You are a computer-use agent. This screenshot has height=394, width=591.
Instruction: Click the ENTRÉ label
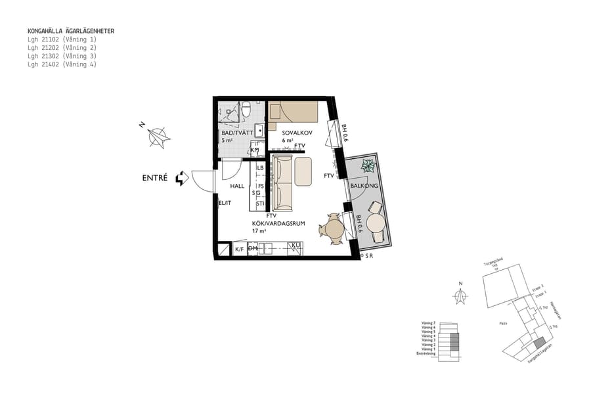pos(155,178)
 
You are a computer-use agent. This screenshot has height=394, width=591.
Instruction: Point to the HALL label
pos(236,186)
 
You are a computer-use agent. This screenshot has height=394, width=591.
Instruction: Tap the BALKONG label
pos(363,186)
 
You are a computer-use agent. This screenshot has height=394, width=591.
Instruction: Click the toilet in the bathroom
pos(246,109)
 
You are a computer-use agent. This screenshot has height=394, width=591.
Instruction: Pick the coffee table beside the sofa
pos(303,171)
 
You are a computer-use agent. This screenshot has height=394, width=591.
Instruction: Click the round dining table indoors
pos(334,229)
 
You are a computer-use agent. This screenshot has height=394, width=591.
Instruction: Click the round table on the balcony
pos(376,222)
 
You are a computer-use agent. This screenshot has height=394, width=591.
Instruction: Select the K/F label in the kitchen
pos(240,250)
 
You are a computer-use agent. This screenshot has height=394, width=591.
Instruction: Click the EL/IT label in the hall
pos(225,204)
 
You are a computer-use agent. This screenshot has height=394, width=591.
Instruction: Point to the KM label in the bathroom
pos(255,150)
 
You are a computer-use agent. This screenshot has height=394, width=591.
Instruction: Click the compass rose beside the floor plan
pos(158,137)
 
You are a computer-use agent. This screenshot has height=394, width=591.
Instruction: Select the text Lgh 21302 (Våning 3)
pos(62,56)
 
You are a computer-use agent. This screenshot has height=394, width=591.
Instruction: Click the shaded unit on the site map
pos(538,343)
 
